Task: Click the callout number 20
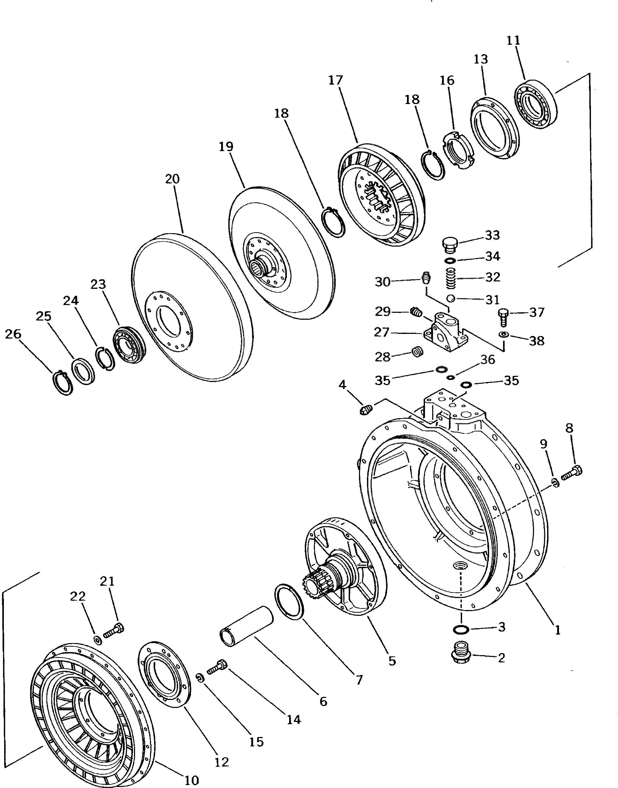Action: pos(173,179)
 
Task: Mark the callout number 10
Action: pos(192,780)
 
